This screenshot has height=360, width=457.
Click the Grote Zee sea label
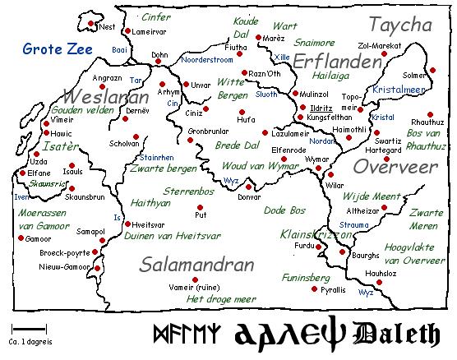click(x=51, y=48)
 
